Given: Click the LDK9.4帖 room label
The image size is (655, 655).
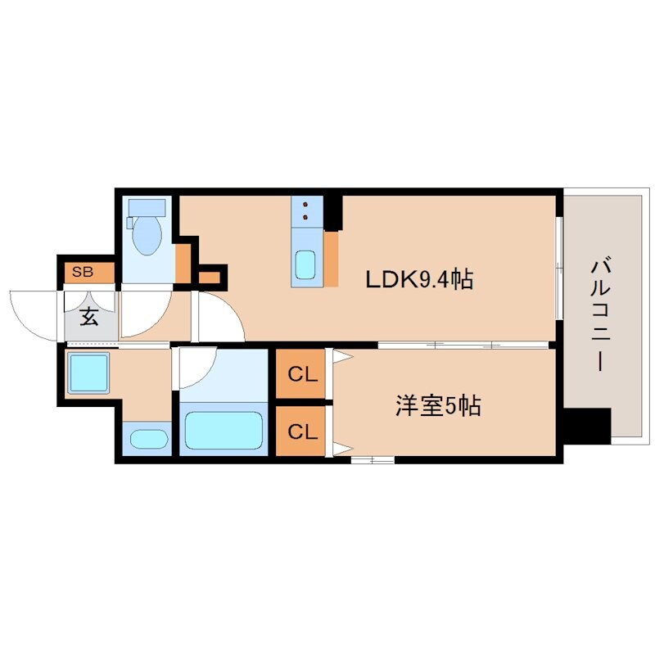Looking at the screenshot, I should click(x=419, y=281).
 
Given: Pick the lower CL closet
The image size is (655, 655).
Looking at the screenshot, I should click(x=301, y=431).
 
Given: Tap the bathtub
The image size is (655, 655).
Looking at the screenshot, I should click(x=222, y=429).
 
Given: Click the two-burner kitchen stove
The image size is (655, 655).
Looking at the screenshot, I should click(x=305, y=211).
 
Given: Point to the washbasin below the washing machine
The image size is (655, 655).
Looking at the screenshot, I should click(x=147, y=439).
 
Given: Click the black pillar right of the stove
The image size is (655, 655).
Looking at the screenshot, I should click(x=333, y=212).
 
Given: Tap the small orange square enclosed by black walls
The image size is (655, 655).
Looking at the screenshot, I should click(x=210, y=277).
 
